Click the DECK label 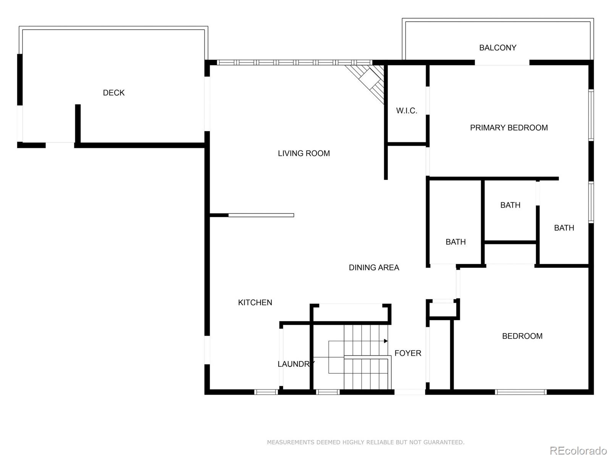pos(114,93)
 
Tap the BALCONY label pos(498,48)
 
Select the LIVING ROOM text pos(304,153)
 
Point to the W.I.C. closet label pos(406,111)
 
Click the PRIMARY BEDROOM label pos(509,128)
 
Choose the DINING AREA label pos(374,268)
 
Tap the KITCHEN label pos(255,303)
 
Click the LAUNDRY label pos(296,364)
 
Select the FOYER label pos(408,353)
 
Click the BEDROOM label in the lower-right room pos(522,336)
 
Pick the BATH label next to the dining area pos(456,242)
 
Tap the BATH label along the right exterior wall pos(564,228)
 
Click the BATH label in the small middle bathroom pos(510,205)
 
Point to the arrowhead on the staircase pos(386,341)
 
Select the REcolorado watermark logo pos(578,451)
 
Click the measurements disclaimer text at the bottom pos(365,442)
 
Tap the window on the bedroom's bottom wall pos(521,392)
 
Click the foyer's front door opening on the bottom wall pos(409,392)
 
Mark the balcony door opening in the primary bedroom pos(502,63)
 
